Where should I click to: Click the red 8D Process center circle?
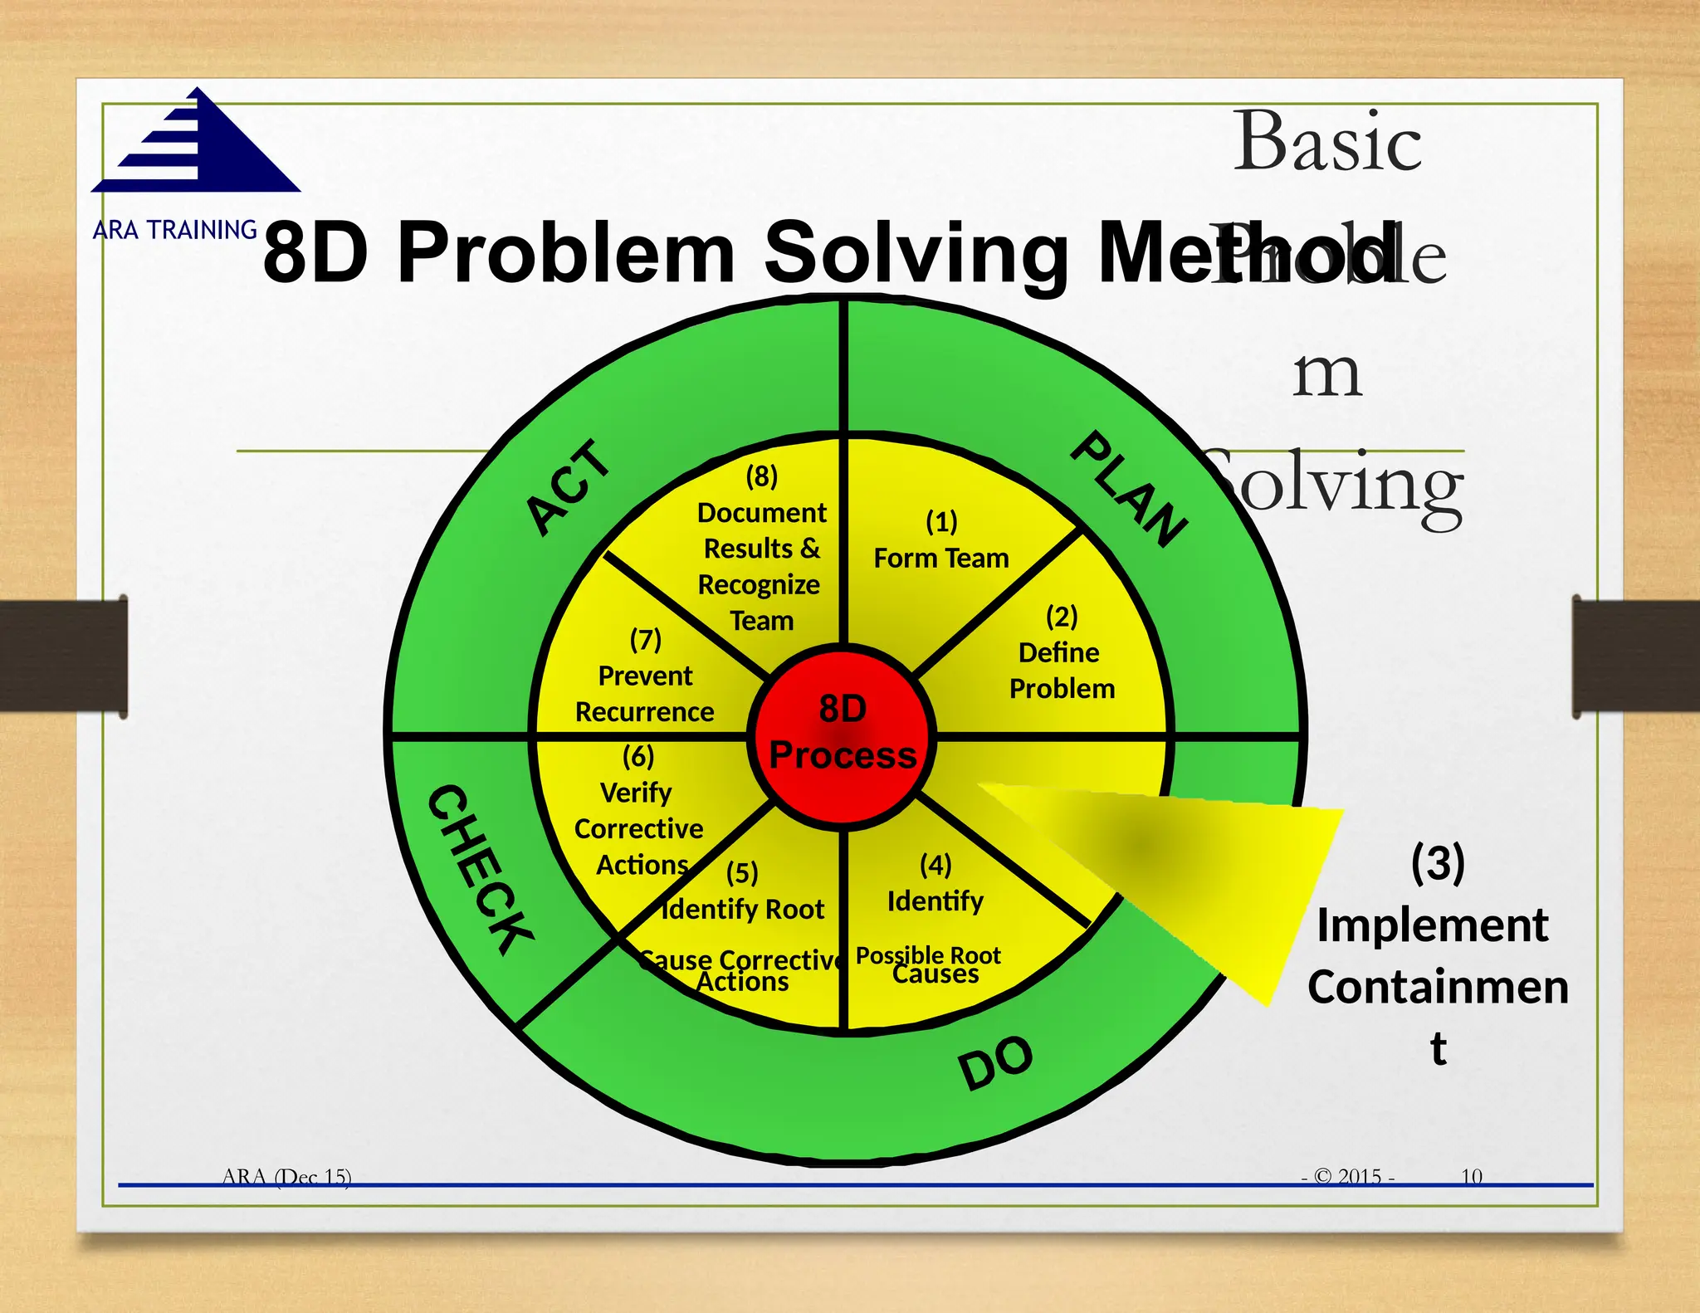(x=843, y=734)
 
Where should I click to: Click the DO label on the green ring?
(x=995, y=1062)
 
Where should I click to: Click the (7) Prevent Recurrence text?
(x=645, y=676)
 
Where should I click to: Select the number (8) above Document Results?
(x=761, y=476)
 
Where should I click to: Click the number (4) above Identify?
(x=935, y=865)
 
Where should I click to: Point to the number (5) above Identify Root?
(x=742, y=873)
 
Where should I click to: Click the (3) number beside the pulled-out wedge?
(x=1438, y=863)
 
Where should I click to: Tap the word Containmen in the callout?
(x=1438, y=987)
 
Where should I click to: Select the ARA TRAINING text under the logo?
(x=175, y=230)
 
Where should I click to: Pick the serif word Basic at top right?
(x=1327, y=141)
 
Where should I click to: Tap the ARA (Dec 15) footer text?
(x=286, y=1176)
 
